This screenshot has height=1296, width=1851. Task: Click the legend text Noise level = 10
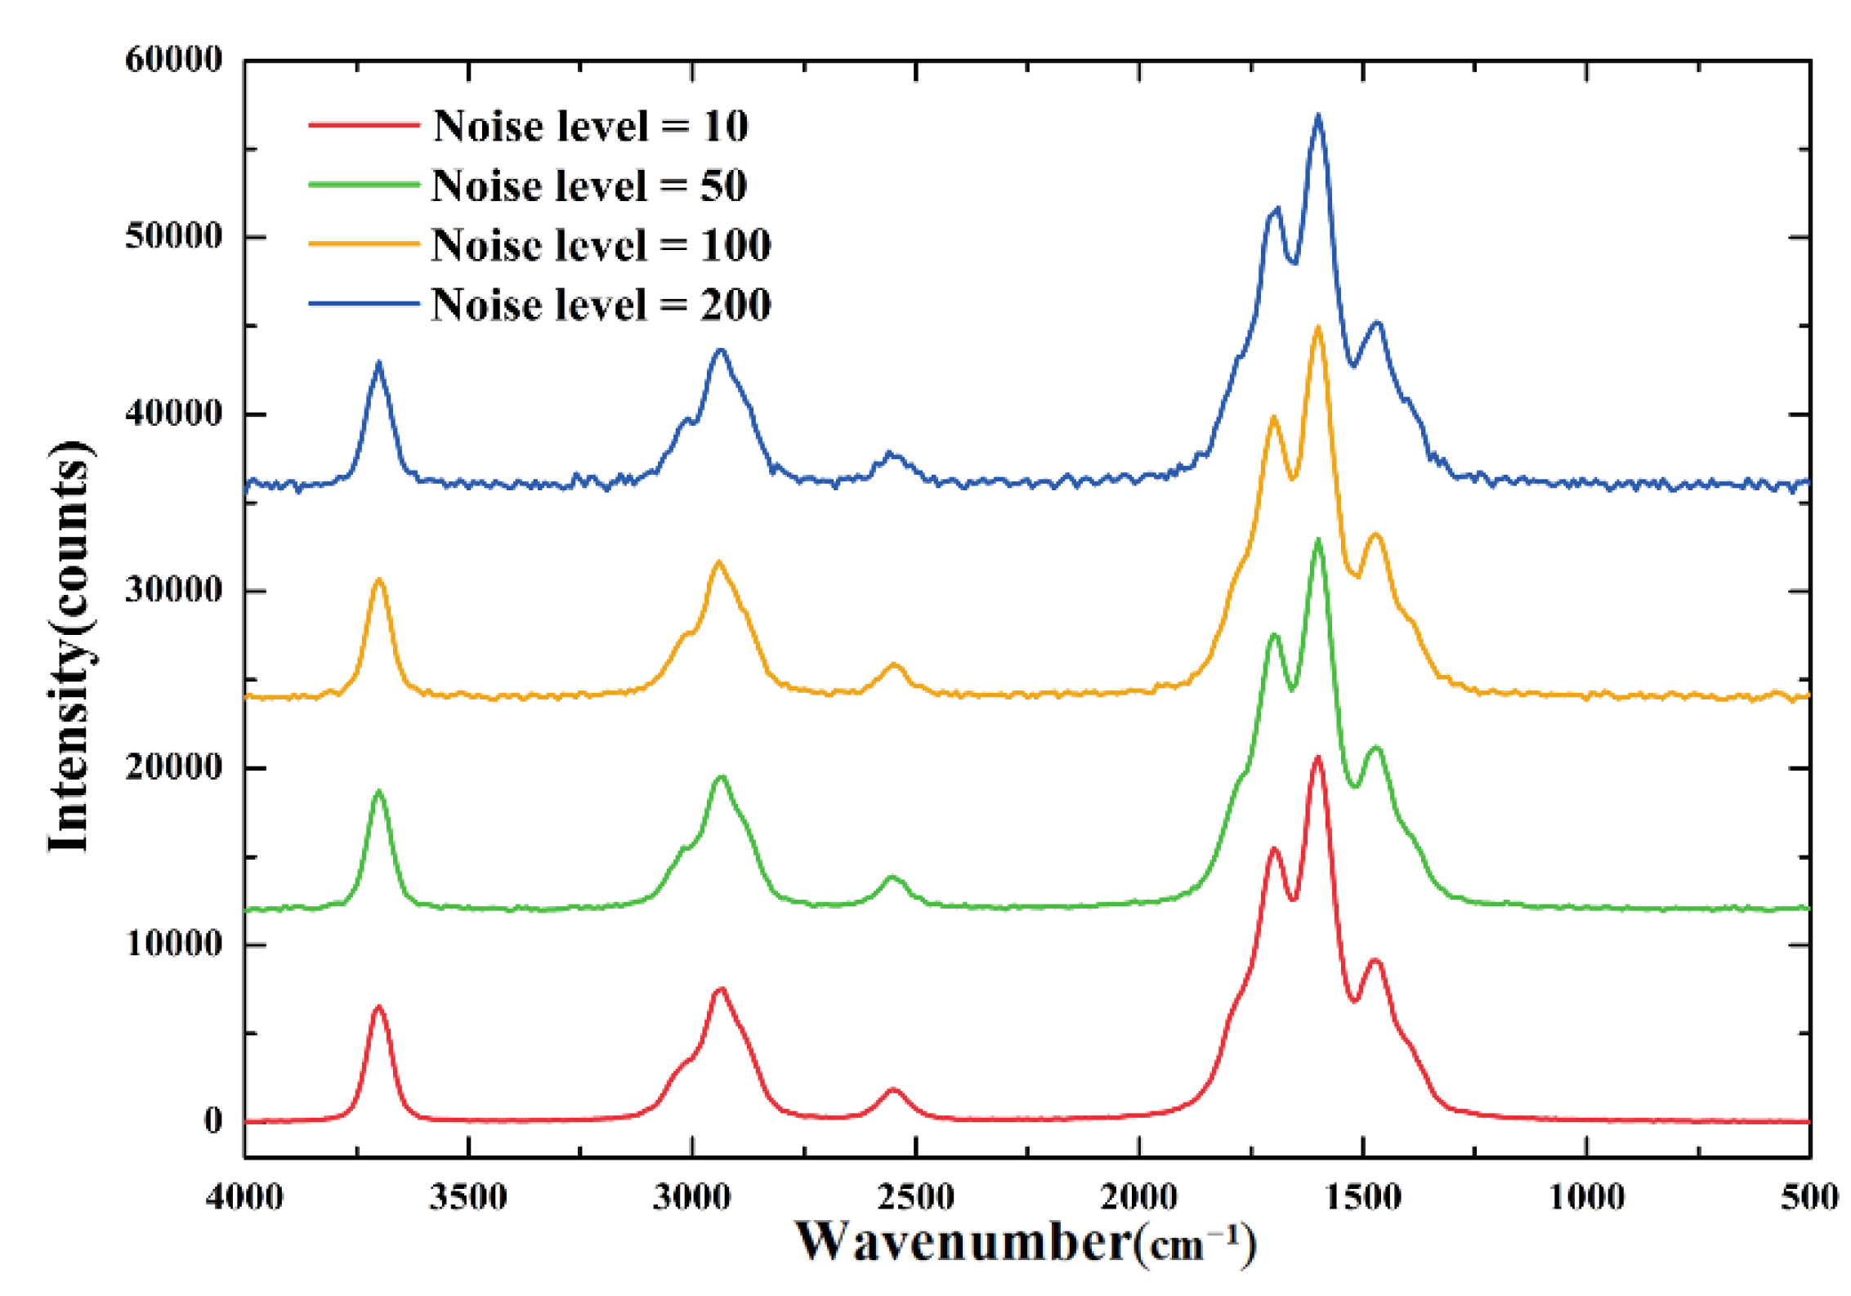(590, 127)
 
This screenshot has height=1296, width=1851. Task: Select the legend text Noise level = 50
(589, 186)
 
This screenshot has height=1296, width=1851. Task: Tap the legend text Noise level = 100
(601, 245)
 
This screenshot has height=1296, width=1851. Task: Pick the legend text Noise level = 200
(601, 306)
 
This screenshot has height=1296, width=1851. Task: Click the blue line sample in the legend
(364, 304)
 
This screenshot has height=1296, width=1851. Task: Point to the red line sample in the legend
(364, 125)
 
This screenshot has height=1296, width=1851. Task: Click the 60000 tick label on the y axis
(173, 60)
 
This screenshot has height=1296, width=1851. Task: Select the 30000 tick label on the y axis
(173, 590)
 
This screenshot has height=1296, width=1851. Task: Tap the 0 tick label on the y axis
(212, 1120)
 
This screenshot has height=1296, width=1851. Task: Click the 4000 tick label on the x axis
(244, 1198)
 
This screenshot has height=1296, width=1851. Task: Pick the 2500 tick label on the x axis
(915, 1198)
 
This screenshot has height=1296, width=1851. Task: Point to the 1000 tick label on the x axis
(1586, 1198)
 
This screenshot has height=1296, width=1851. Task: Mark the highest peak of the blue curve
(1317, 116)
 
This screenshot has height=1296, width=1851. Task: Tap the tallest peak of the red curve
(1317, 758)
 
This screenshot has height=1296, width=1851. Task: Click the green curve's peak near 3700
(378, 791)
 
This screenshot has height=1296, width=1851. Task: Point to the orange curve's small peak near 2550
(894, 665)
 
